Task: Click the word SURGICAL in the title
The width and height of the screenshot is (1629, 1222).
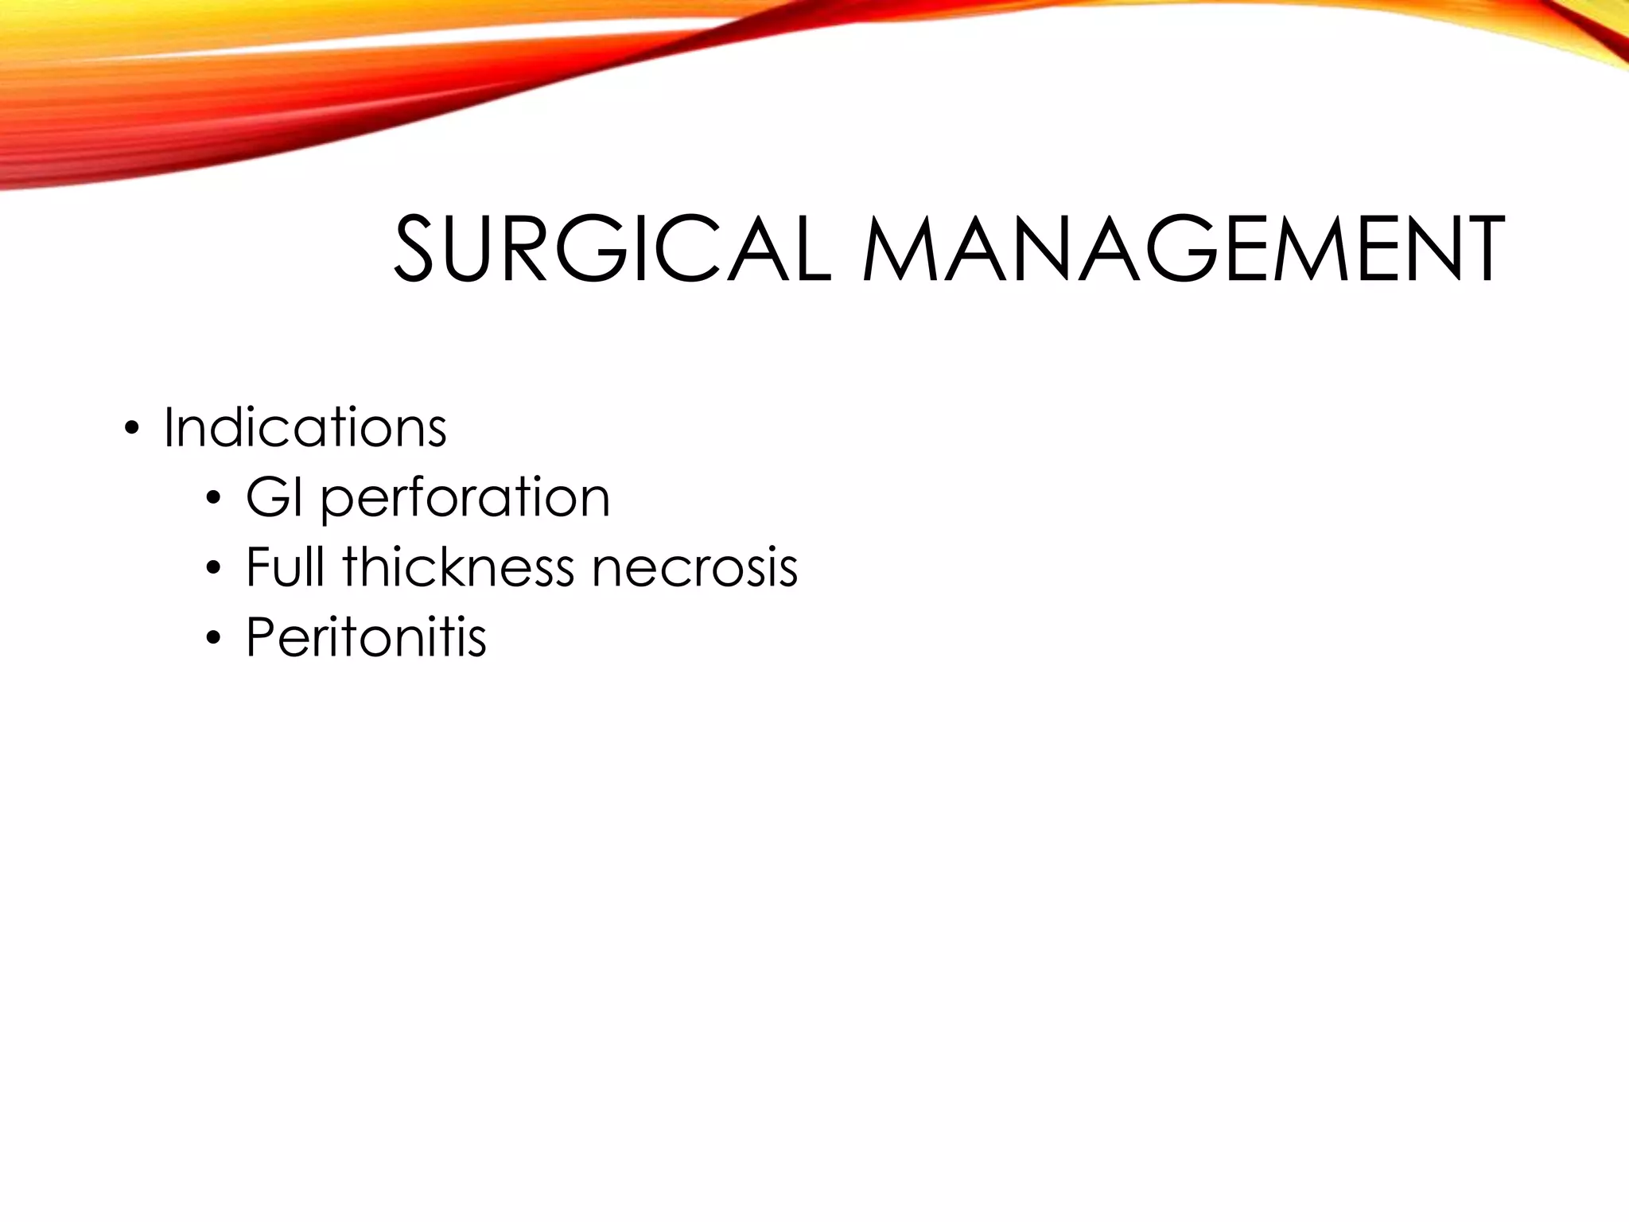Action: (612, 249)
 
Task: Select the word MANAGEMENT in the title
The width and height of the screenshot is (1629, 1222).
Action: (1184, 249)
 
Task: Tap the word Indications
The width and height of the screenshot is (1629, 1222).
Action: (305, 428)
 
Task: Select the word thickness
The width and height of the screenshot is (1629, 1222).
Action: (458, 567)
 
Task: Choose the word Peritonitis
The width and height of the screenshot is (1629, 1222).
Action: (366, 637)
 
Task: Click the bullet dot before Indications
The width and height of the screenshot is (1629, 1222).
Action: (131, 431)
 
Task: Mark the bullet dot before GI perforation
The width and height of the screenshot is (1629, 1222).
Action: (212, 500)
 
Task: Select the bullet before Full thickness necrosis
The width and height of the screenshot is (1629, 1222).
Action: (212, 570)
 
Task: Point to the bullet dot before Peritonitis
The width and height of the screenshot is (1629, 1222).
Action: (212, 640)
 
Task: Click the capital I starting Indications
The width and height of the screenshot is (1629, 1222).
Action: (169, 428)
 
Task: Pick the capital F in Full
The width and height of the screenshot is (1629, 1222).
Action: (258, 567)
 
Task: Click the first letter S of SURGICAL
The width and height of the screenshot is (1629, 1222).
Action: (419, 249)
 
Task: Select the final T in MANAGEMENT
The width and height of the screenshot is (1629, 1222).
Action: (1477, 249)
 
